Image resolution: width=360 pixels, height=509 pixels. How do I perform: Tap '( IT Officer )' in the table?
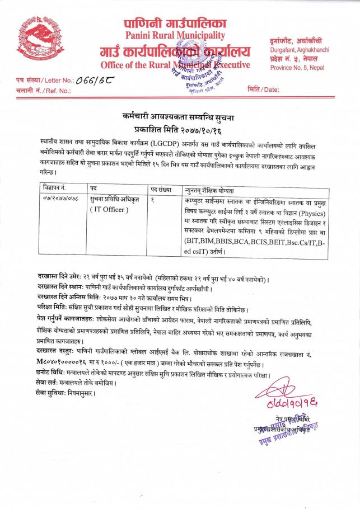pos(109,210)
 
